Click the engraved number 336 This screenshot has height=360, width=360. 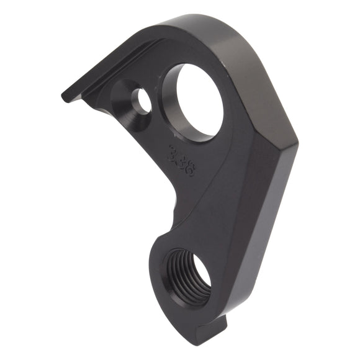click(181, 160)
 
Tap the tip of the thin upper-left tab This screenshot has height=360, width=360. click(66, 97)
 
